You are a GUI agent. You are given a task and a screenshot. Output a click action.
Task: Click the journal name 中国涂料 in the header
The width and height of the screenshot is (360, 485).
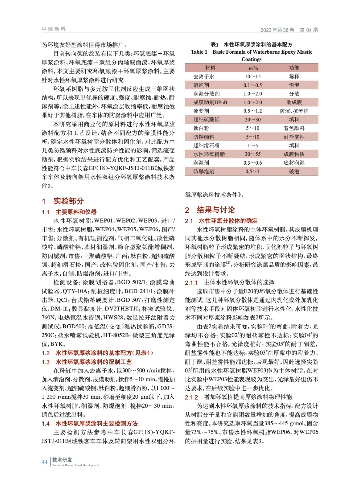point(54,29)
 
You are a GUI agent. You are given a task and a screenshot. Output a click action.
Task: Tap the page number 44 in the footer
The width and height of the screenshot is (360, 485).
point(45,462)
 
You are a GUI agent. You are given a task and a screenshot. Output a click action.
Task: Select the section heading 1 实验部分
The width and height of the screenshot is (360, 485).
point(63,201)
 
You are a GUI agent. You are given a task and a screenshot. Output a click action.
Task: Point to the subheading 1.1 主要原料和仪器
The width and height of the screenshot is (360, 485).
point(69,212)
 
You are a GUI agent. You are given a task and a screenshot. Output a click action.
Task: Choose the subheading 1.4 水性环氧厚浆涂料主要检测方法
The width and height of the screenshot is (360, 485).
point(90,423)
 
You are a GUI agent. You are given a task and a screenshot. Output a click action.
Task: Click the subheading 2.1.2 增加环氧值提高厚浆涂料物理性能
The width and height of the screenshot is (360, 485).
point(238,397)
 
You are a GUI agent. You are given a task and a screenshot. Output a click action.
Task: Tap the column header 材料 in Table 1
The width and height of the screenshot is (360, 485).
point(210,68)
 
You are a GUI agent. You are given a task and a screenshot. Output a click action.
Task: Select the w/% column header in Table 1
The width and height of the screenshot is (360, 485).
point(253,68)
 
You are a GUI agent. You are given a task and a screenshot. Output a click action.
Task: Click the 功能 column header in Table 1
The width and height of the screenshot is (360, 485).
point(294,68)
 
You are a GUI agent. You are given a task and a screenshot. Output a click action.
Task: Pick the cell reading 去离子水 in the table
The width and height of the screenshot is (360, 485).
point(204,77)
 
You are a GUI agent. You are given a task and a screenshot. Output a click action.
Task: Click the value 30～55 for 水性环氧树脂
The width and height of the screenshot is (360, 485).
point(253,154)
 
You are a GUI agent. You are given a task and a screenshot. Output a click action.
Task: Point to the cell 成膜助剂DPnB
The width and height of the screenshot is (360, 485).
point(210,102)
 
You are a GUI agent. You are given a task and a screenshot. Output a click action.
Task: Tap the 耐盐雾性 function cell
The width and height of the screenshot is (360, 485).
point(294,137)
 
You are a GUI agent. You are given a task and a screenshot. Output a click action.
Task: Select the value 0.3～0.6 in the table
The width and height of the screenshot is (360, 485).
point(253,163)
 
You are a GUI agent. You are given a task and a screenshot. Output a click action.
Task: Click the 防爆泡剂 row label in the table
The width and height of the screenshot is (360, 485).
point(204,172)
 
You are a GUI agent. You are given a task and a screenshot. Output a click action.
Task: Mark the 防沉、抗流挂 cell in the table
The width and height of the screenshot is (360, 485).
point(294,111)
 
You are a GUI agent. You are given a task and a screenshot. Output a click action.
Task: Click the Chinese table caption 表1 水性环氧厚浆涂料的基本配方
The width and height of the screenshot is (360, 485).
point(251,45)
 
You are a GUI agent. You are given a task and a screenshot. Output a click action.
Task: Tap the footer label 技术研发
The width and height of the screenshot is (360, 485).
point(62,460)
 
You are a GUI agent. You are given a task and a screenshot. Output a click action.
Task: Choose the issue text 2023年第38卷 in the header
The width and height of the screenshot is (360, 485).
point(277,30)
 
